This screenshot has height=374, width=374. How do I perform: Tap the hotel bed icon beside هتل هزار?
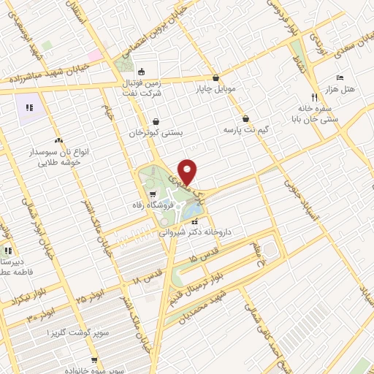pyautogui.click(x=339, y=77)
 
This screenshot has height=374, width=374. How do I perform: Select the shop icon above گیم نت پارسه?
pyautogui.click(x=246, y=118)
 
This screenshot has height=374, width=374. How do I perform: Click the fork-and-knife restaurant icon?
pyautogui.click(x=313, y=96)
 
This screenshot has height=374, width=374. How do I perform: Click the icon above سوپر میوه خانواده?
pyautogui.click(x=93, y=360)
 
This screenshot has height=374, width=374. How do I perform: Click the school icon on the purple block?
pyautogui.click(x=29, y=108)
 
